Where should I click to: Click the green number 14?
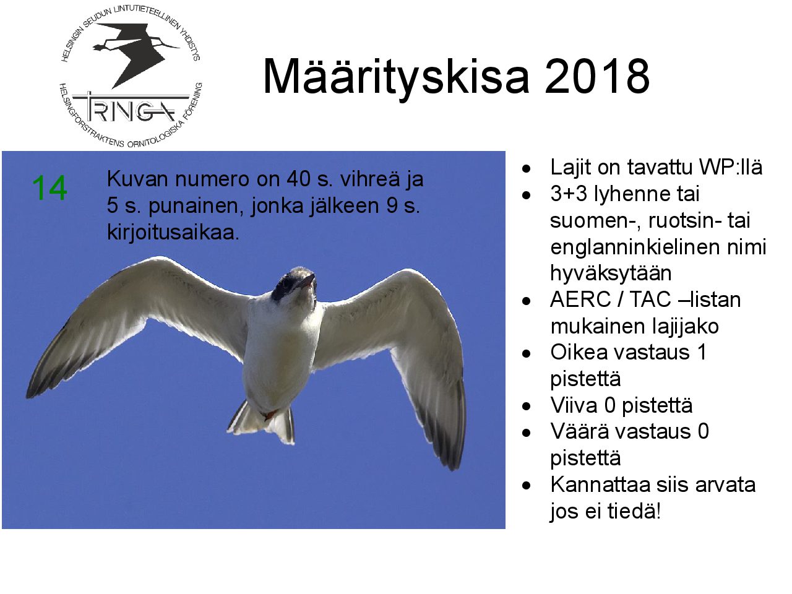49,188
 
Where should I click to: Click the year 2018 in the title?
597,77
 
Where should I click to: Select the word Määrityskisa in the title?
396,79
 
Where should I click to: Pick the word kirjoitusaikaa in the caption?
173,232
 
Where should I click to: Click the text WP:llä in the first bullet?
731,167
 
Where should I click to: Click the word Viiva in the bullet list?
574,405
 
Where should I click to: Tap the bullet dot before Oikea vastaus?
527,353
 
